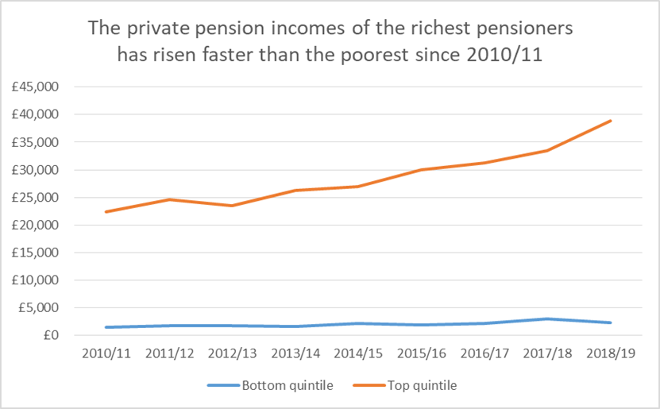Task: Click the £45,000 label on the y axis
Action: pos(35,87)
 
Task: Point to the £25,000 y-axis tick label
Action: pos(35,197)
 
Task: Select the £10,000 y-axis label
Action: pos(35,280)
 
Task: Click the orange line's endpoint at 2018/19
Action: pos(611,121)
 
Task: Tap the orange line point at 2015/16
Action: pos(421,169)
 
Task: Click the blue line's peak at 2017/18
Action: pos(547,318)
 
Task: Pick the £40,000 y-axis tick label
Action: pos(35,114)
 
